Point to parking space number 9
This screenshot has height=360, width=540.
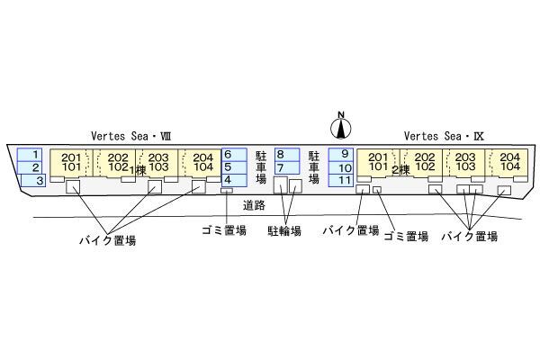coord(344,154)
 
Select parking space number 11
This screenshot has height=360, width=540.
coord(344,180)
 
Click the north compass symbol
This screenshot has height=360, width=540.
coord(341,122)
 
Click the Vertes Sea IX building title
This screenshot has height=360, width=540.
coord(444,135)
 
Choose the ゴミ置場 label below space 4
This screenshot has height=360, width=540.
coord(223,231)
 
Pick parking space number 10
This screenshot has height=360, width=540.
coord(344,167)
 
